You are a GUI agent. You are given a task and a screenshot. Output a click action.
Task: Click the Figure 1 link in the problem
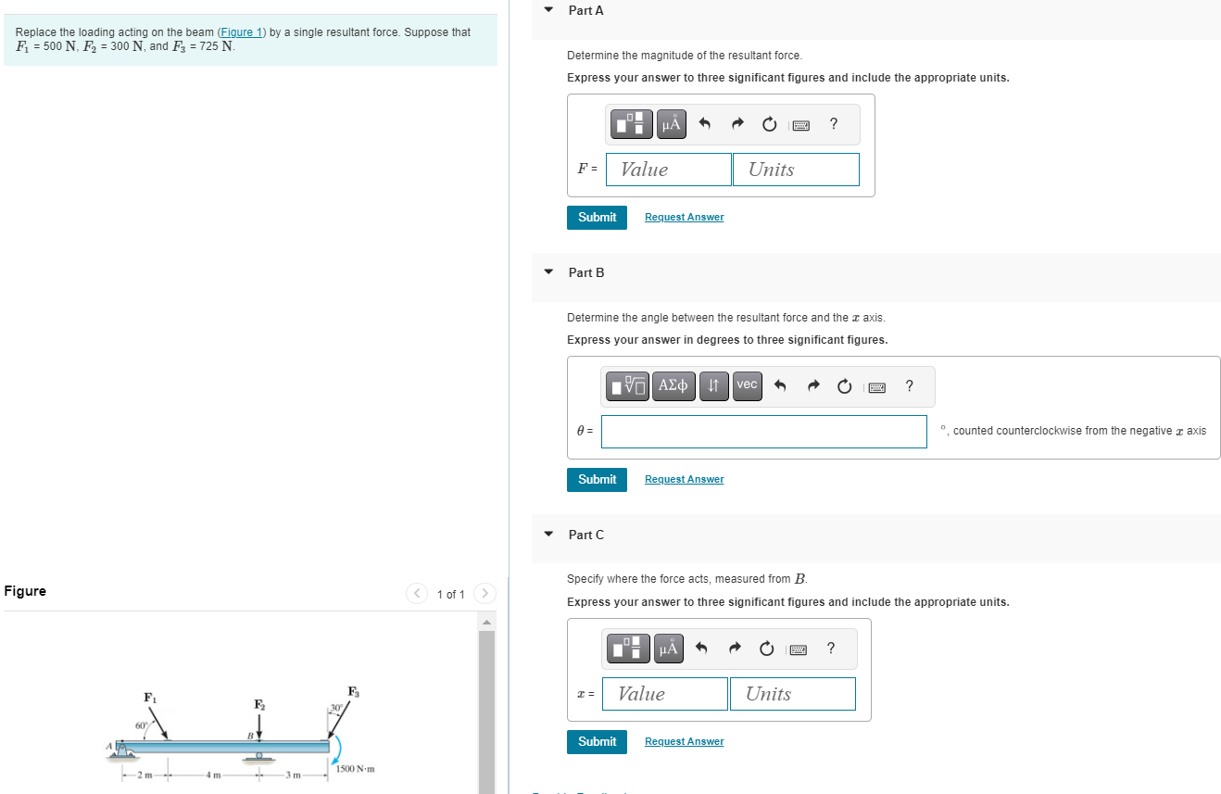241,32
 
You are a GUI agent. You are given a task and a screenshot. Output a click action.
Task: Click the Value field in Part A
669,170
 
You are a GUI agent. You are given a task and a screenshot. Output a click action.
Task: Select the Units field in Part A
796,170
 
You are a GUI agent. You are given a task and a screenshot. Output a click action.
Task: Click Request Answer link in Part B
684,479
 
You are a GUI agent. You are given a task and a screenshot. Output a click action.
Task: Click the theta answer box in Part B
763,431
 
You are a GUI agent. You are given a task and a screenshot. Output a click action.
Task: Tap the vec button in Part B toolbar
747,385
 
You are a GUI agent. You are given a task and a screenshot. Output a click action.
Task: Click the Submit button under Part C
597,741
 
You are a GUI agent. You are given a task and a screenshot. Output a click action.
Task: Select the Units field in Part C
792,694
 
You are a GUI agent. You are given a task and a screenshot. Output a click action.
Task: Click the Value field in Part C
664,694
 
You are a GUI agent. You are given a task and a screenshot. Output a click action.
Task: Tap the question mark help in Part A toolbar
834,123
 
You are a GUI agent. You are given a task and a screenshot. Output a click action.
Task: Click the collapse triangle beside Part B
548,272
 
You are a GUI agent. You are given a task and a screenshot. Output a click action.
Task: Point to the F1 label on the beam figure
149,697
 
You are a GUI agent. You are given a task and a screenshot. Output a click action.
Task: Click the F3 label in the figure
353,691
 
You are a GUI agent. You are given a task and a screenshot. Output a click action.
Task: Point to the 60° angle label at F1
141,725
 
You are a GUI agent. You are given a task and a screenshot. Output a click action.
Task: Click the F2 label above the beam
259,705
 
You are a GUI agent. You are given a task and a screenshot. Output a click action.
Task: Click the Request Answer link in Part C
684,741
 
